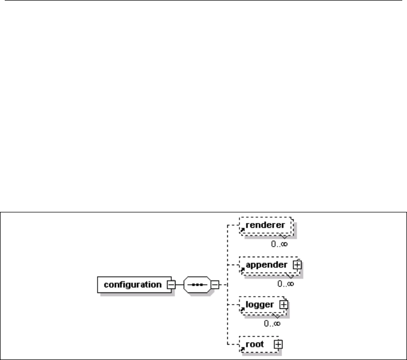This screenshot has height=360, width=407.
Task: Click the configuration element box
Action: click(132, 285)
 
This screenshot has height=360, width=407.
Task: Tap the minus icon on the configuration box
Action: click(171, 285)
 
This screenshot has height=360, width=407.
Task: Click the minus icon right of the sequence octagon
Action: click(215, 285)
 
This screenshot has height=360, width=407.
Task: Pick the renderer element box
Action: click(265, 226)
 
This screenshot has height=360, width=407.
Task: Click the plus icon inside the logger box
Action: click(284, 305)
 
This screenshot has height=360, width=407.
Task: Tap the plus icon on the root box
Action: click(278, 344)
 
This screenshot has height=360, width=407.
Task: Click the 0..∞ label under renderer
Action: click(279, 244)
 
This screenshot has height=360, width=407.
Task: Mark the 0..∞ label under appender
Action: click(285, 284)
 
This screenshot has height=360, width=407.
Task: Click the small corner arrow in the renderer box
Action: click(242, 230)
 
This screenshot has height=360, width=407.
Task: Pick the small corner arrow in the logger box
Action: click(242, 309)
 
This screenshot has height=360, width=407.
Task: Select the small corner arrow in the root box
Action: click(242, 348)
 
